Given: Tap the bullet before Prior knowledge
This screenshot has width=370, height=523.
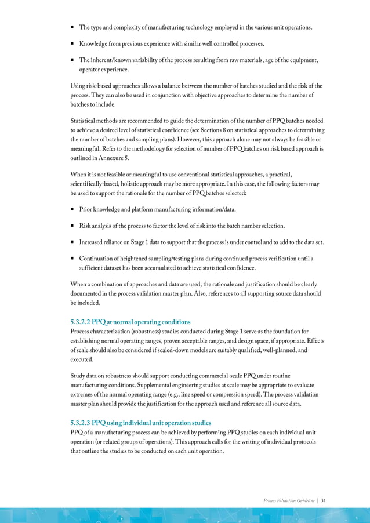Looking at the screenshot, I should [x=72, y=209].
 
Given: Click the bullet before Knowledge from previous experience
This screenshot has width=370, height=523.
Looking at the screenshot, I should [x=72, y=43].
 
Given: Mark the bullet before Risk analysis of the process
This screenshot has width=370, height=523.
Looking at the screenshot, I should [x=72, y=226].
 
